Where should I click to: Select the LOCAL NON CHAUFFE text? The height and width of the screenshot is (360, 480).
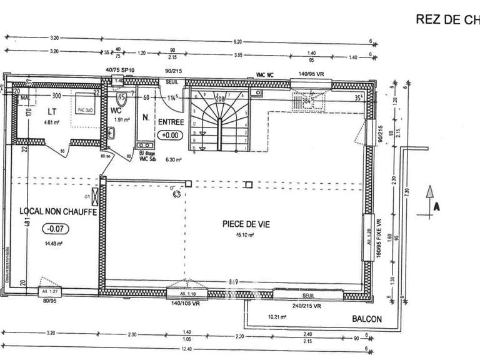tap(57, 212)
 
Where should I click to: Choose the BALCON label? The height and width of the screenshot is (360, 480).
tap(366, 319)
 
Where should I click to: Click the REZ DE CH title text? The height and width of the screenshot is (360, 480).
tap(447, 19)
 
